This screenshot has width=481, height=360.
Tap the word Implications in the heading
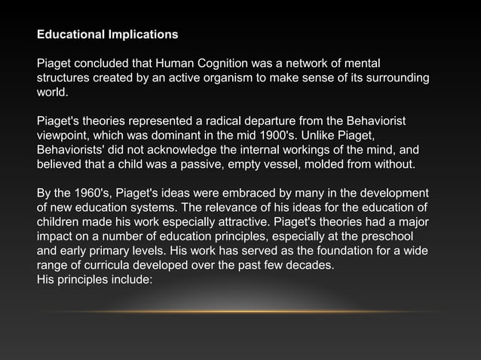click(x=141, y=35)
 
